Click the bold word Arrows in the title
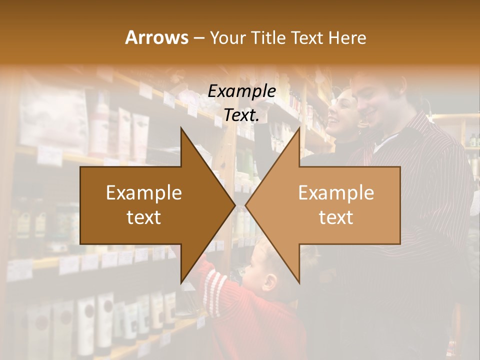point(156,37)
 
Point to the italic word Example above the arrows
point(242,91)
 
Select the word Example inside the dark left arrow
point(144,193)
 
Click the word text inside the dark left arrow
point(144,217)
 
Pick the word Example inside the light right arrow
point(336,193)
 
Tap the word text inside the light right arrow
point(336,217)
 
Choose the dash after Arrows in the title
point(198,38)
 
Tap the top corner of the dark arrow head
point(181,127)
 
